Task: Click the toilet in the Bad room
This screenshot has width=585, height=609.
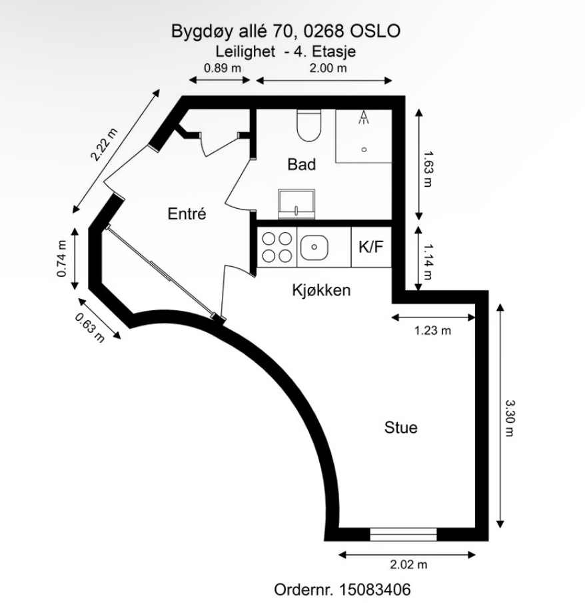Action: [308, 125]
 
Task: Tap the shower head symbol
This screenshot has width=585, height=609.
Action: [364, 117]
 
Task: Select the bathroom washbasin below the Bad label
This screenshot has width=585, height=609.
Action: [296, 204]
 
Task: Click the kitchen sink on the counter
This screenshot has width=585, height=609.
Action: [314, 247]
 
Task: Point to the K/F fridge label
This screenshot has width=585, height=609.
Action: [371, 247]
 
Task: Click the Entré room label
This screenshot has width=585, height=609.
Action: [187, 213]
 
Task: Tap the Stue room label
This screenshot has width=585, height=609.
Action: [400, 427]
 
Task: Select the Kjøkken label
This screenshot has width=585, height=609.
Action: [321, 290]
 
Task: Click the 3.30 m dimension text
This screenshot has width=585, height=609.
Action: [509, 418]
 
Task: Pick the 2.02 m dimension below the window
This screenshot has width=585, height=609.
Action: [408, 564]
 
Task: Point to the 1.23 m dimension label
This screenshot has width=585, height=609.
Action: [432, 331]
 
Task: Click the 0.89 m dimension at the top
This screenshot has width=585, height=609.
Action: [223, 68]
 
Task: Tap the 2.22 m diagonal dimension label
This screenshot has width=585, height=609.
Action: [103, 145]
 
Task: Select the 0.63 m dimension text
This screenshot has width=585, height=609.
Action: [90, 328]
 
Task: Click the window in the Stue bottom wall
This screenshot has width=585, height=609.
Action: [404, 534]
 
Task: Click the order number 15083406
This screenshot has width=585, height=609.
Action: [374, 590]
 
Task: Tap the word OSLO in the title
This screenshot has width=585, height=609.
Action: [375, 31]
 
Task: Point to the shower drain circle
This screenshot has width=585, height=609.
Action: [364, 149]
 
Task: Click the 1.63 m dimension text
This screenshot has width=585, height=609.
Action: [428, 169]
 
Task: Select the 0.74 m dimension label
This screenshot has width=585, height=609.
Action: [62, 259]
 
